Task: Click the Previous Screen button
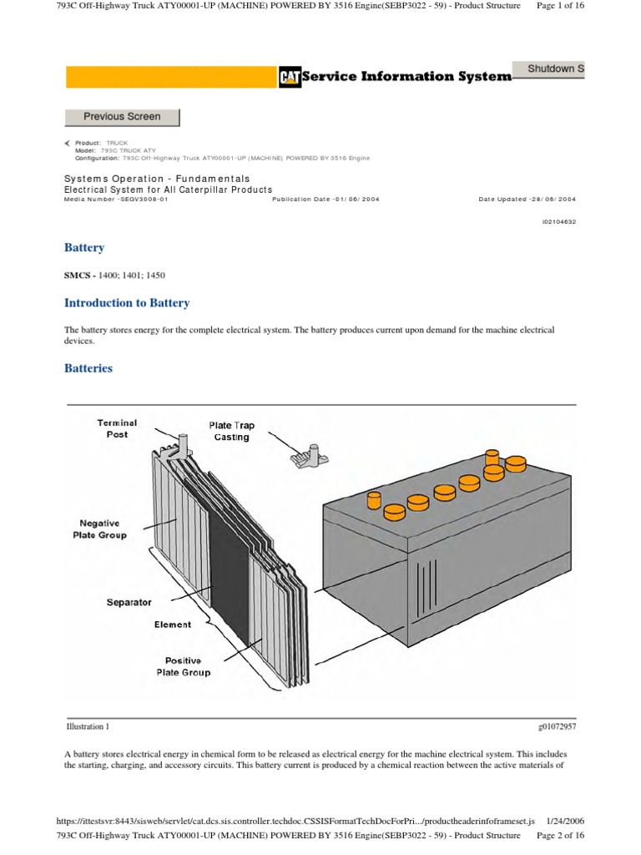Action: (122, 117)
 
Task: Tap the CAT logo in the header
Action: (288, 78)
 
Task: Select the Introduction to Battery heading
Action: (127, 303)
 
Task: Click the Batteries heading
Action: (88, 368)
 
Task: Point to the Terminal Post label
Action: (117, 428)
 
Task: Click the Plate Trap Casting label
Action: (231, 431)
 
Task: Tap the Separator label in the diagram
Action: (129, 601)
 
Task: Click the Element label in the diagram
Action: (172, 625)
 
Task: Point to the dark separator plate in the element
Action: (228, 576)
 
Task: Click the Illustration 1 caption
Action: (87, 726)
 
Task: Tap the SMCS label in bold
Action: (78, 275)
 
